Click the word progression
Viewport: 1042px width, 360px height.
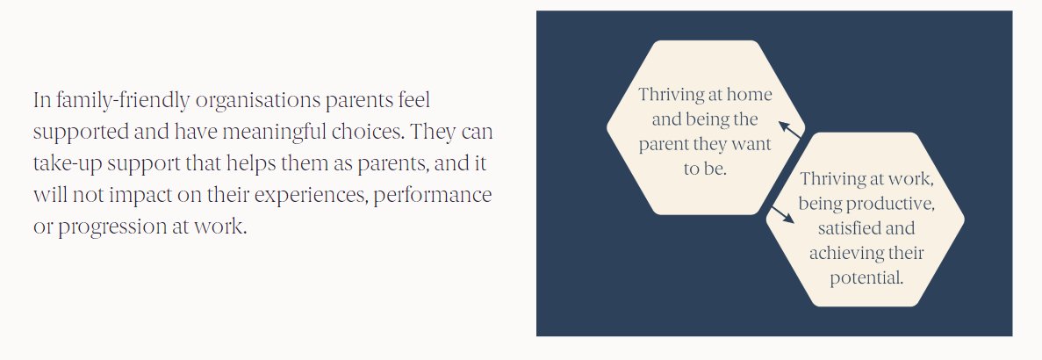(x=106, y=226)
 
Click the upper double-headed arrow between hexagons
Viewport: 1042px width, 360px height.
(x=788, y=129)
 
